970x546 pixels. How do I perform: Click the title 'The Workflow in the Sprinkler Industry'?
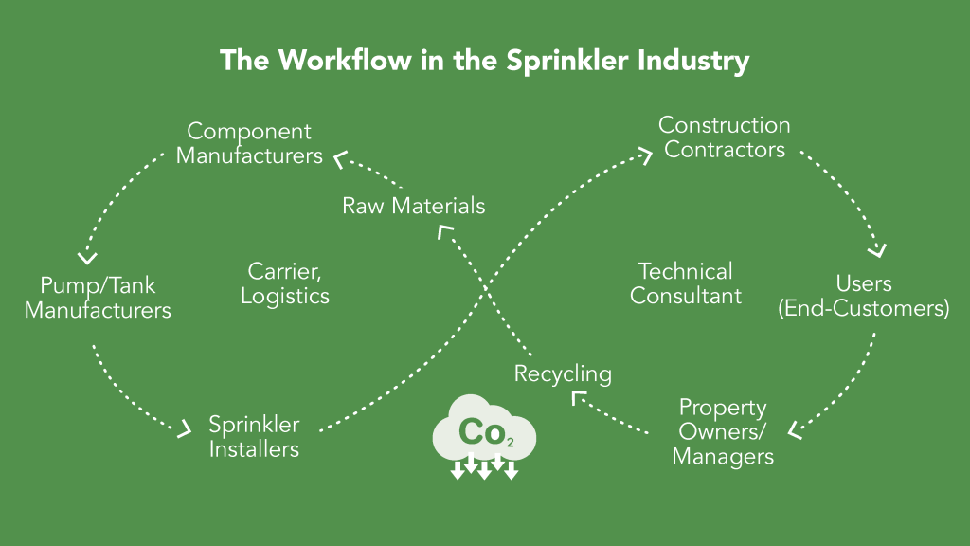[484, 61]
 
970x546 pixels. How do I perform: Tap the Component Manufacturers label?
[249, 143]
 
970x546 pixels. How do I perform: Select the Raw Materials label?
[413, 205]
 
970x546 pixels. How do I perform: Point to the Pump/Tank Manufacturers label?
[98, 297]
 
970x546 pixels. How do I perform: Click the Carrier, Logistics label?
[285, 283]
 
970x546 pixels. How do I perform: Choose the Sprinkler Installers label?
[254, 436]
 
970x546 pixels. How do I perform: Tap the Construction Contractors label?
[725, 137]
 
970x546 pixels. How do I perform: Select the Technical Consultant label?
[686, 283]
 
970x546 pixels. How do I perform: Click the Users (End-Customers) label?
[863, 296]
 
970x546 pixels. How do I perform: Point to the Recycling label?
[563, 373]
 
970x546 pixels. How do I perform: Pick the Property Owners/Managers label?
[723, 431]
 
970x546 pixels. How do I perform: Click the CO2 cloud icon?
[484, 439]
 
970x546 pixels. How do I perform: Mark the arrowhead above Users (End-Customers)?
[878, 250]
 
